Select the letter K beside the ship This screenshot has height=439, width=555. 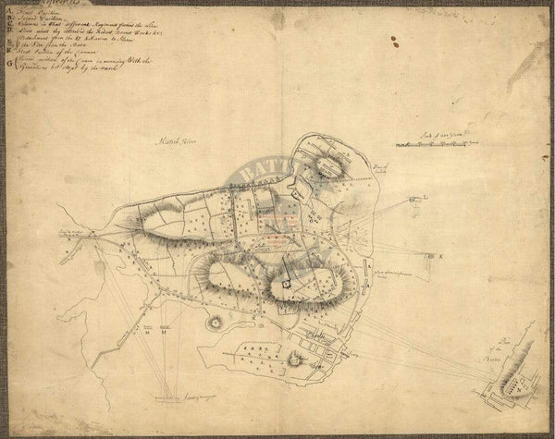441,252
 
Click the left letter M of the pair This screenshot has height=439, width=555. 148,334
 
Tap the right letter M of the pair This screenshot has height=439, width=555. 164,334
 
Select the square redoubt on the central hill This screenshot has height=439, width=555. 288,286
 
